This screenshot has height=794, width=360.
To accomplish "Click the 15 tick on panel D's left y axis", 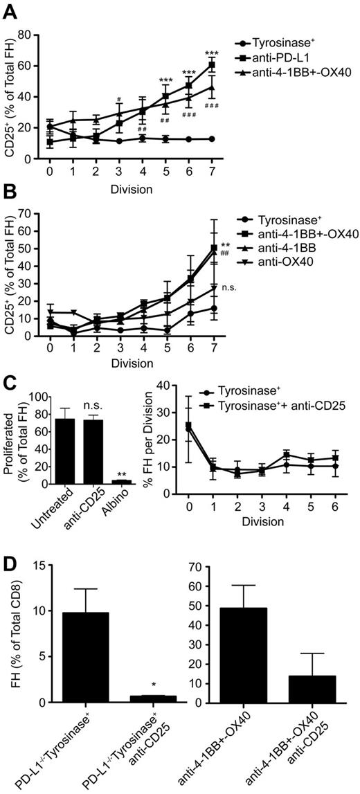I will (37, 566).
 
